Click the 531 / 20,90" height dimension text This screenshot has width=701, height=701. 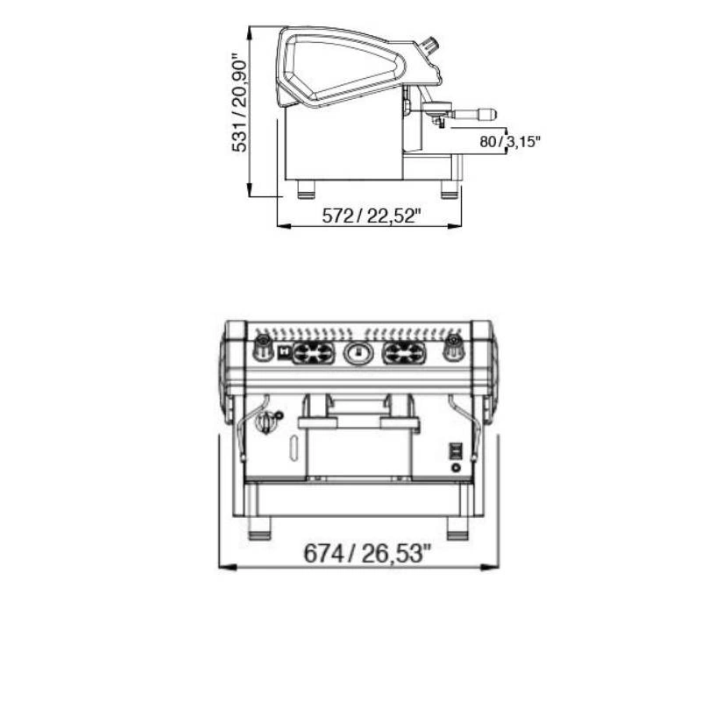(x=238, y=103)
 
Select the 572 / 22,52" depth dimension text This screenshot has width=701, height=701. (x=372, y=216)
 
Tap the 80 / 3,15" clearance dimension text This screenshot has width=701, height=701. (x=510, y=142)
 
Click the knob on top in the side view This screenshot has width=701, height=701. (x=430, y=46)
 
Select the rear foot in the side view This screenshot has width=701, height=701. (x=306, y=189)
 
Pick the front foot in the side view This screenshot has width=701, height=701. (x=450, y=189)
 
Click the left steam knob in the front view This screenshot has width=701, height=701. (x=263, y=347)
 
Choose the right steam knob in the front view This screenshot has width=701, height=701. (x=453, y=347)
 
